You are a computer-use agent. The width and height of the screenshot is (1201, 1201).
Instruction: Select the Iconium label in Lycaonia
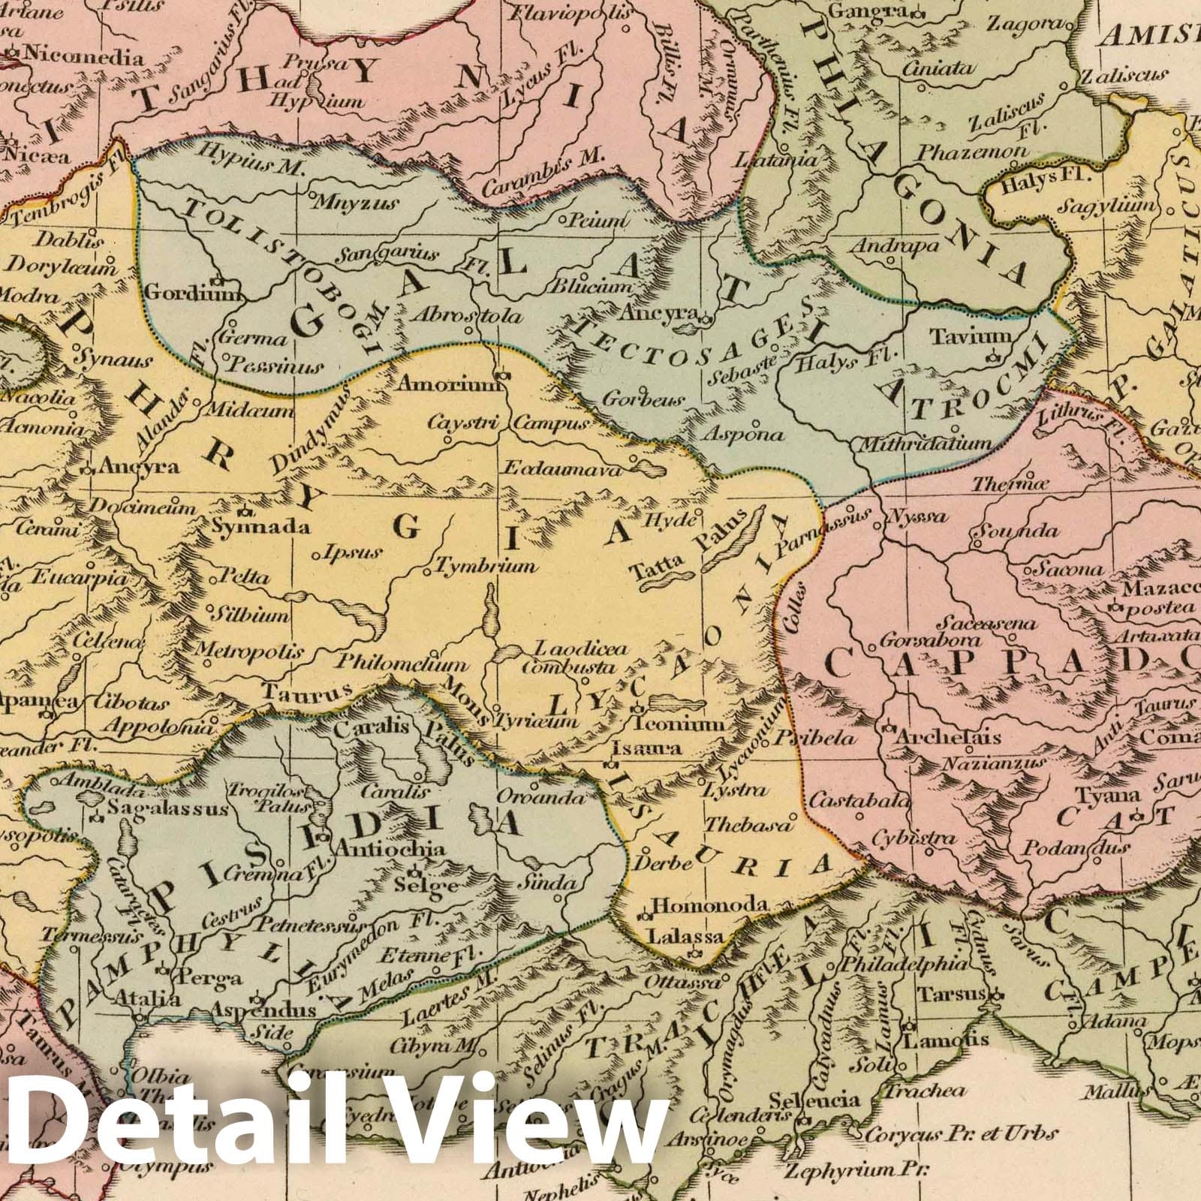point(679,724)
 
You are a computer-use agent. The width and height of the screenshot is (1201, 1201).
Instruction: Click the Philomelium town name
point(402,664)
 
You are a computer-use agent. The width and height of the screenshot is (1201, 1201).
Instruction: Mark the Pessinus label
point(274,367)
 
